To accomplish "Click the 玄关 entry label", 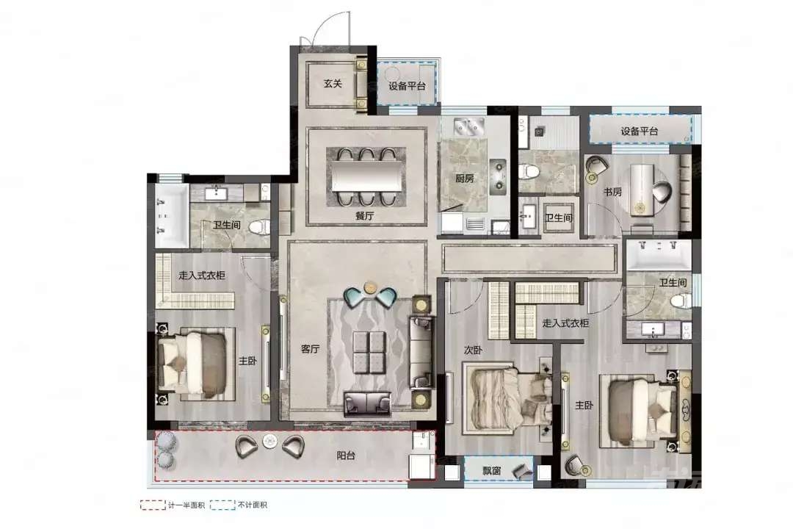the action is pos(333,84).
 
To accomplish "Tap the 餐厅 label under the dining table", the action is pos(365,216).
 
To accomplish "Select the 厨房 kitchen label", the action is pos(464,179).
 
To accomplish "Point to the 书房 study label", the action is pos(612,192).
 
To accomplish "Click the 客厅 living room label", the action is pos(310,349).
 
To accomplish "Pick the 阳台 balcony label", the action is pos(346,456).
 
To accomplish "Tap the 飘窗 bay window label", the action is pos(491,471).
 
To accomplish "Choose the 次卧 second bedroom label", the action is pos(473,350).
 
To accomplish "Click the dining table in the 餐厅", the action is pos(366,176).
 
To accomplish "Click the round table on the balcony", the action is pos(269,441).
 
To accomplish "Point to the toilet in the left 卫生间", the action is pos(260,227).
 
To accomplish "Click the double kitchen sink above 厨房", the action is pos(470,126).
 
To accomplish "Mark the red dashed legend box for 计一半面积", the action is pos(153,505).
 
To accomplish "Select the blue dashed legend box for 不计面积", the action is pos(222,505).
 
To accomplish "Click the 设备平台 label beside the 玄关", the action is pos(407,86).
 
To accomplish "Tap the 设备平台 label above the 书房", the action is pos(640,131).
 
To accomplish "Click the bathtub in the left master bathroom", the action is pos(171,216).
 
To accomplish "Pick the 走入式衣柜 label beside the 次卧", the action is pos(565,323).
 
